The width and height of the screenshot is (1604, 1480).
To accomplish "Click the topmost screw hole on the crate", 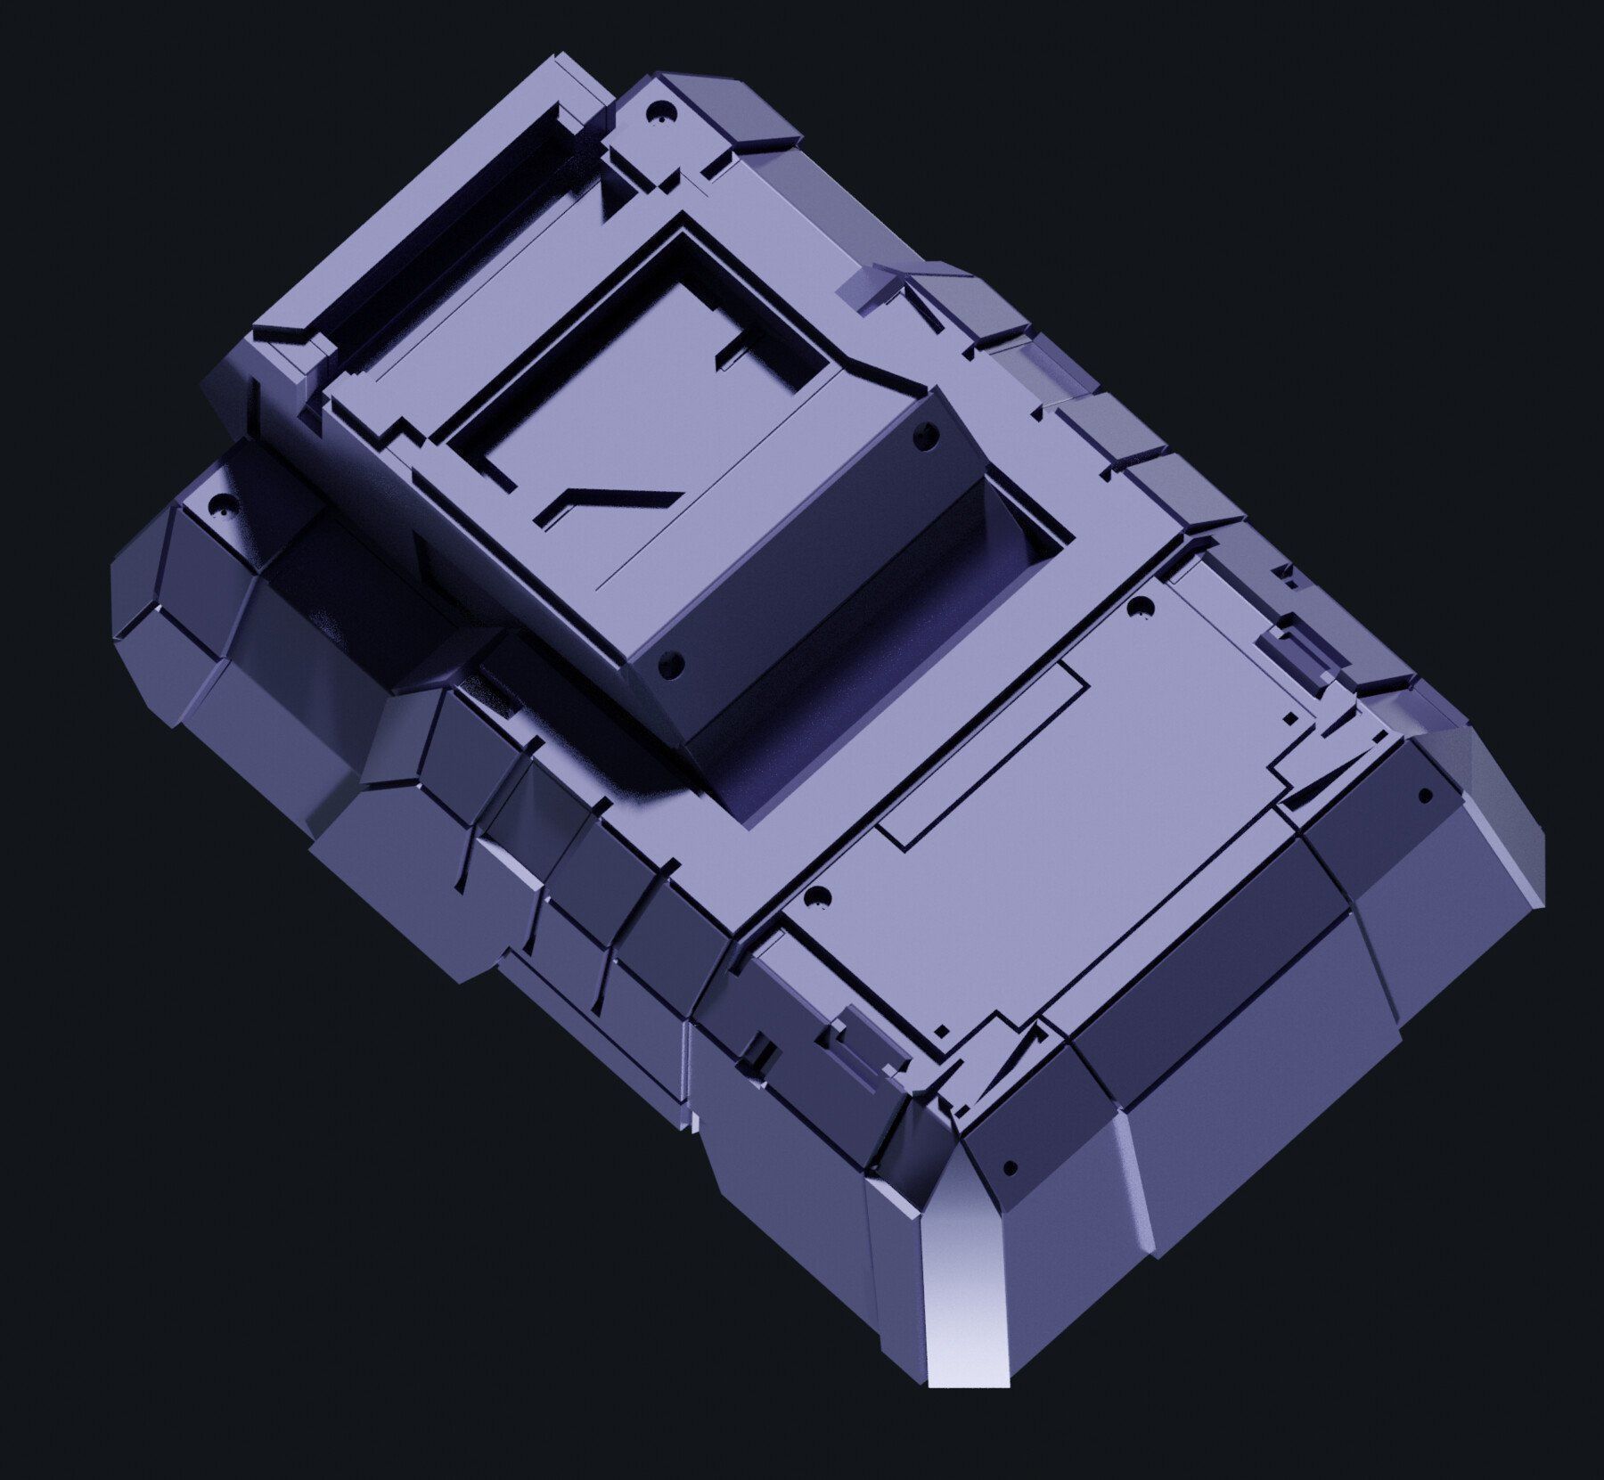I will [660, 113].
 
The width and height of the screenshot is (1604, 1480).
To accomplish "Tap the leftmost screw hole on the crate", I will [214, 512].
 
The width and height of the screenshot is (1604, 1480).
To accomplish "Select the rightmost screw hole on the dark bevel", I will [1424, 795].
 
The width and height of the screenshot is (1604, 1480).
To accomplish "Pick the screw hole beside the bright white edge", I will [1010, 1165].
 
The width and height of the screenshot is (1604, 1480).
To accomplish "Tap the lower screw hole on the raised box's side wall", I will [674, 662].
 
